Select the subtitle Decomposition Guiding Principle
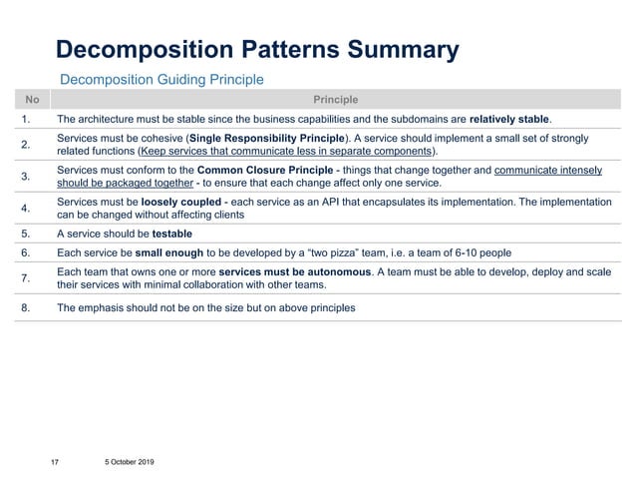[x=161, y=78]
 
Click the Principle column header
[x=335, y=99]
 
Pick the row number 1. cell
[x=28, y=119]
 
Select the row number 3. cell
[x=28, y=177]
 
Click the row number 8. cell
[x=28, y=308]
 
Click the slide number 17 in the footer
[x=56, y=462]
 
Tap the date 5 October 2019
[x=127, y=462]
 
